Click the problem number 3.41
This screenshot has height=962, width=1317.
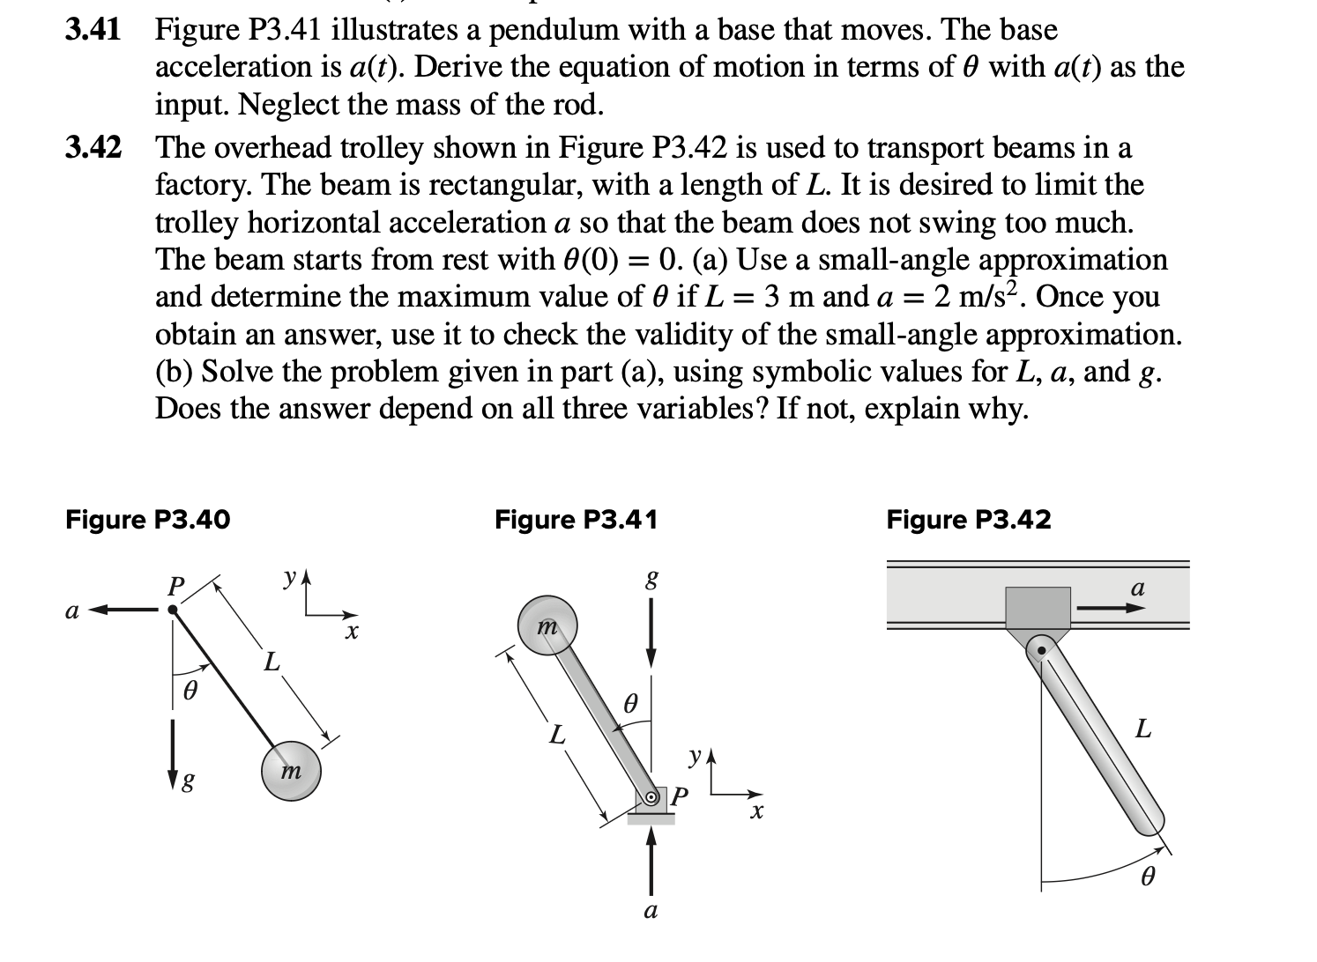tap(93, 30)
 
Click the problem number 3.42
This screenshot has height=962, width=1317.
tap(93, 146)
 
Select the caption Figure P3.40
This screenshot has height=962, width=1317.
tap(147, 520)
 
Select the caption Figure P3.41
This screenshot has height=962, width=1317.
tap(576, 520)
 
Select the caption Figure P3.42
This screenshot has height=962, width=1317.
tap(968, 520)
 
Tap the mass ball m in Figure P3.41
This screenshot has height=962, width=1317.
tap(547, 625)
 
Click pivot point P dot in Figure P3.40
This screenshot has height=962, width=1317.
tap(174, 609)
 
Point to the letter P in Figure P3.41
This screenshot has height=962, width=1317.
tap(677, 797)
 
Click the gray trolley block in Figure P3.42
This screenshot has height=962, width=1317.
tap(1038, 608)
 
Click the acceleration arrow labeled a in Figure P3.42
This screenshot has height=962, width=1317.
tap(1105, 608)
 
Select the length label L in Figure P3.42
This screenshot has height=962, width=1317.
tap(1142, 729)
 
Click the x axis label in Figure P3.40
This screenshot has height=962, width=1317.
tap(352, 633)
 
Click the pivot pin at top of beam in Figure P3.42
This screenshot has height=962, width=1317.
tap(1041, 650)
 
